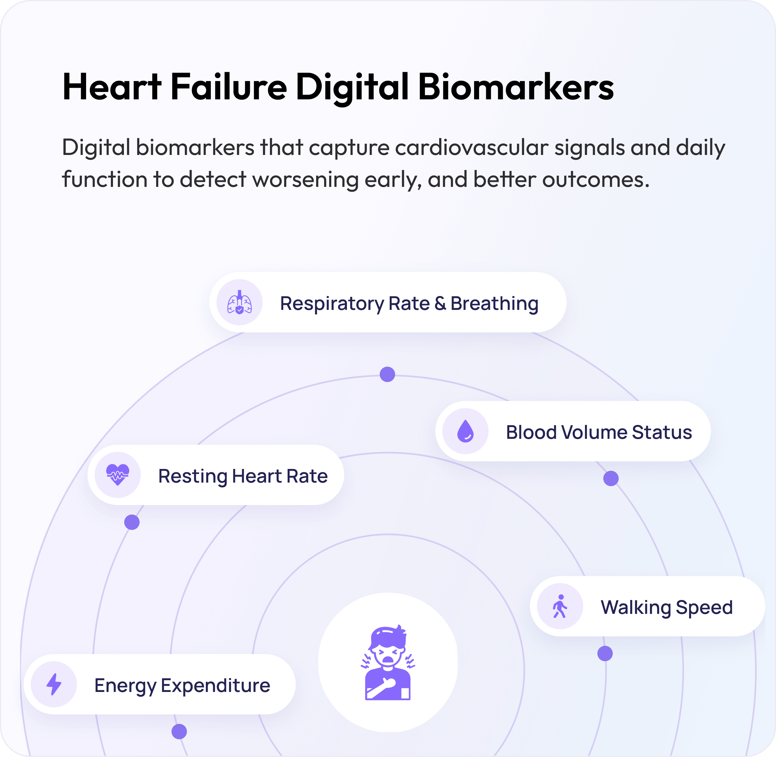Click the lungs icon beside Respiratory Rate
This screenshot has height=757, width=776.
click(239, 302)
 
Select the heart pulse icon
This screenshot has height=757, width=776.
click(118, 475)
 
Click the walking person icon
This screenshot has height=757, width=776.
click(560, 606)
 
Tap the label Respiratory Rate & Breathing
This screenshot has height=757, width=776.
click(409, 303)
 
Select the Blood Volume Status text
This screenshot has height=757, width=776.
click(599, 432)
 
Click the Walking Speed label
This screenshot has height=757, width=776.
click(667, 607)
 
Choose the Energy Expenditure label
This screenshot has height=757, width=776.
click(182, 686)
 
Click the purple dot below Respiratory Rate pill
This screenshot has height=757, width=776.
click(387, 374)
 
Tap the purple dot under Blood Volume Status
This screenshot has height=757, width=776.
click(611, 478)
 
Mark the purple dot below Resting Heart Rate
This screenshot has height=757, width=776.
click(132, 522)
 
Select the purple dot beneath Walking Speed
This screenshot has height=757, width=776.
click(605, 653)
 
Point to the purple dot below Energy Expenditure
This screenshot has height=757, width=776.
click(179, 731)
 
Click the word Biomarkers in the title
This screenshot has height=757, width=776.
click(516, 87)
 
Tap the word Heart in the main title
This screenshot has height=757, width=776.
click(112, 87)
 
